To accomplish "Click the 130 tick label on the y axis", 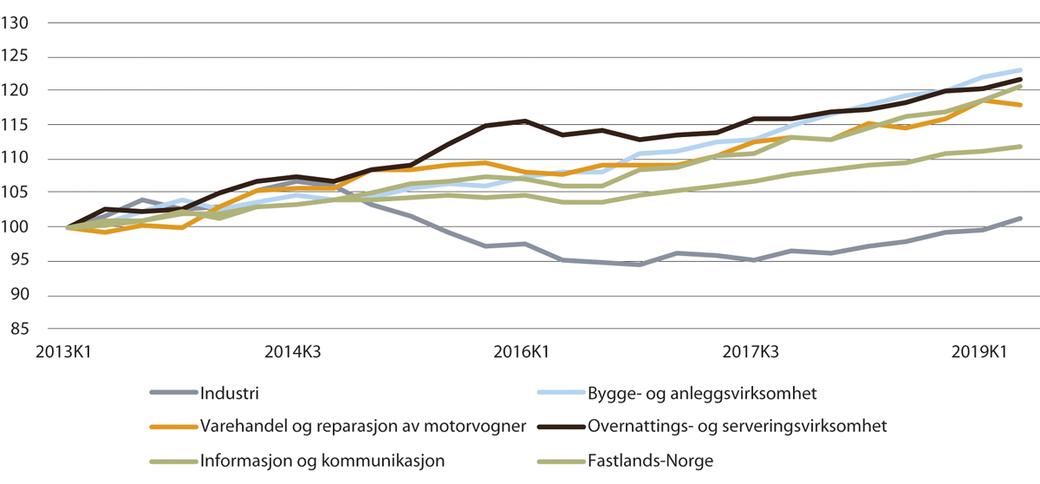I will [16, 23].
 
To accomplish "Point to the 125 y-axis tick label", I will [16, 57].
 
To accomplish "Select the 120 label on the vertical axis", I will [16, 91].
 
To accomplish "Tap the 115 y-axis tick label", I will [16, 125].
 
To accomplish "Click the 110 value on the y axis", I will [16, 159].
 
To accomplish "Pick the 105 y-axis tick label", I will [16, 193].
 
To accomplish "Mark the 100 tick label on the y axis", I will [16, 227].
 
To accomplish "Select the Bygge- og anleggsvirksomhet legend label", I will [702, 393].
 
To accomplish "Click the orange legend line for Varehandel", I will [172, 426].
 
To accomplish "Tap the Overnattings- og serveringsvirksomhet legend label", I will [738, 426].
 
